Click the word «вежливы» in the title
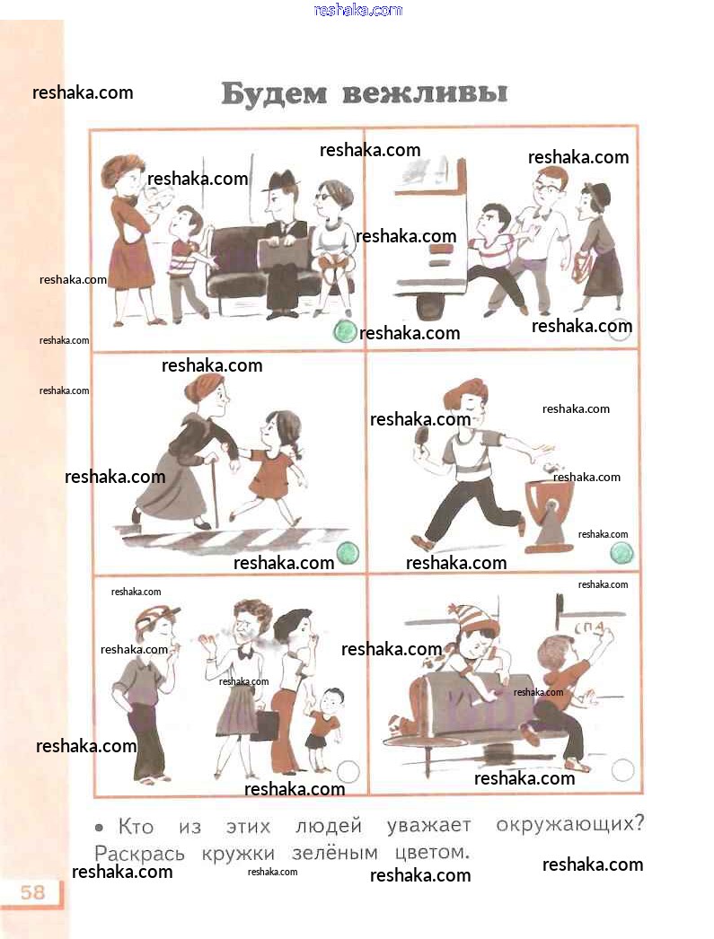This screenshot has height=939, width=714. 426,93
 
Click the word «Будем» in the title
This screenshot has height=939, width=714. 274,94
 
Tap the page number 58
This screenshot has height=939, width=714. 33,891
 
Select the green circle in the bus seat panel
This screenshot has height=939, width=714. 344,330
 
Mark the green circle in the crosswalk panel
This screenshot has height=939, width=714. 348,553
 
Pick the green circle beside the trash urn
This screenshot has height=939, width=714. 621,552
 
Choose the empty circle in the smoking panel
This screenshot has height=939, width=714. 348,771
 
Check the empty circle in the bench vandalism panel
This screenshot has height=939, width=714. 622,770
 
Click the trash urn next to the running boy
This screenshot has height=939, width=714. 549,515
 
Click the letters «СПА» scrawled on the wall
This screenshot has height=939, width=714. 592,627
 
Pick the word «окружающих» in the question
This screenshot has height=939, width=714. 569,825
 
